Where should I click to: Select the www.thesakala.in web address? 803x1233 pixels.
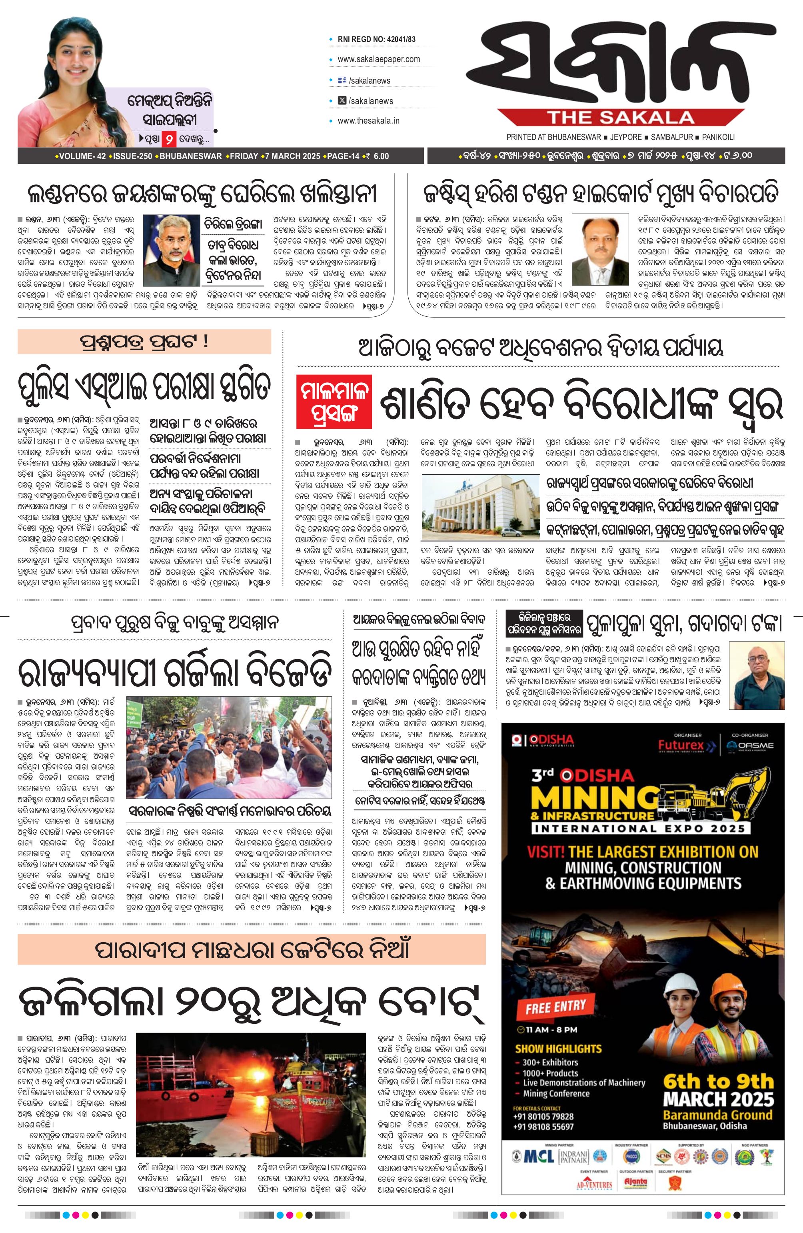368,121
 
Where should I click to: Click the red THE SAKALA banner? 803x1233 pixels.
621,118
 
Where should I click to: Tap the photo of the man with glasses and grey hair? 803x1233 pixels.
171,250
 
